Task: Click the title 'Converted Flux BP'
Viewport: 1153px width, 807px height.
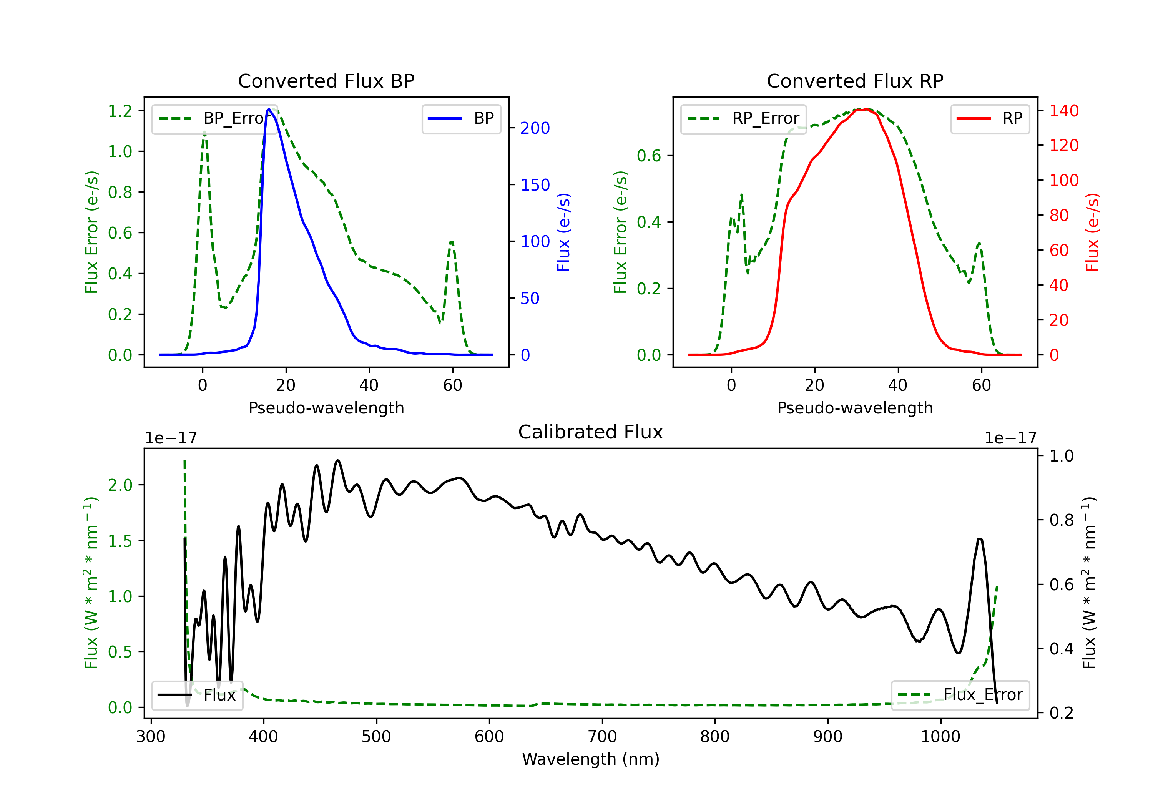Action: click(x=326, y=81)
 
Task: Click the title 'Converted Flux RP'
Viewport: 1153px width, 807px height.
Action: click(x=855, y=81)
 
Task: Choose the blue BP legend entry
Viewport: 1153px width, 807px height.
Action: click(x=461, y=118)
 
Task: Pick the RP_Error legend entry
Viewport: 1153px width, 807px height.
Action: click(x=743, y=118)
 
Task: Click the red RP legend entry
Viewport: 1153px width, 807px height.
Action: click(x=990, y=118)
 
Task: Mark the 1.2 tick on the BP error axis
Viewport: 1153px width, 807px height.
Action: click(x=120, y=111)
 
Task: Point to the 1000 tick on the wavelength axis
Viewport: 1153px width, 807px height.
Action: click(x=940, y=737)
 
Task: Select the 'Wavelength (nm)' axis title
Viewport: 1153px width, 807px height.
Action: click(x=591, y=759)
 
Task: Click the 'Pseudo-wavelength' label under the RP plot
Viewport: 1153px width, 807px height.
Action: click(x=855, y=408)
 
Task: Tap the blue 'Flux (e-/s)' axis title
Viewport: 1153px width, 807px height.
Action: click(x=563, y=232)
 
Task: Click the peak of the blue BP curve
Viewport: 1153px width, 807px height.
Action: click(x=269, y=109)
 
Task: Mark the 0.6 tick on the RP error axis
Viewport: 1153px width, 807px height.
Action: click(x=649, y=156)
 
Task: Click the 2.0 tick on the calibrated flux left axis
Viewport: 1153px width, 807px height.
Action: click(x=120, y=485)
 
